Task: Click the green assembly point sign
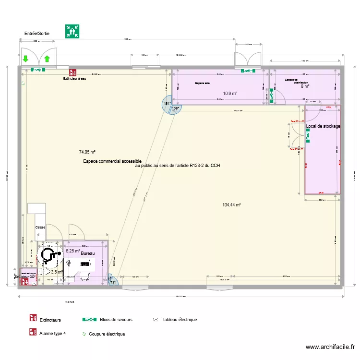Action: (72, 31)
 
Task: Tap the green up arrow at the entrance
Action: (47, 60)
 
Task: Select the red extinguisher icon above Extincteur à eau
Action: (72, 72)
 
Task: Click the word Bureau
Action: (88, 253)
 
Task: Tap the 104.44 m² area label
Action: (231, 205)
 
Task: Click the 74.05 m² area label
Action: (87, 152)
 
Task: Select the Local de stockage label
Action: (323, 126)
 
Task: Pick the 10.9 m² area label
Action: (230, 94)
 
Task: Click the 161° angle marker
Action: (167, 104)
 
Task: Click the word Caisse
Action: (40, 227)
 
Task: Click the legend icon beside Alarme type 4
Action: (33, 332)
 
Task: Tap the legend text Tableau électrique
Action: (180, 320)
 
